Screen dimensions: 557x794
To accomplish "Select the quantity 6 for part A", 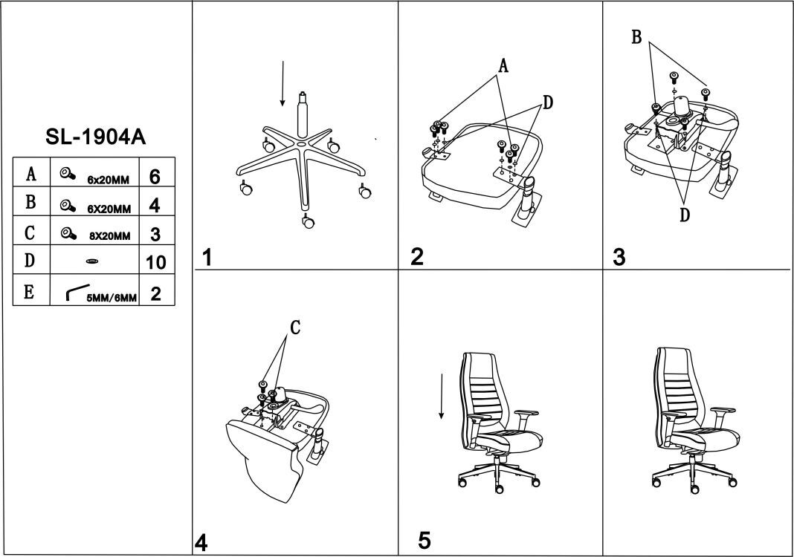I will click(155, 177).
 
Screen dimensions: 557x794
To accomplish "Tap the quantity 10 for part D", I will click(156, 262).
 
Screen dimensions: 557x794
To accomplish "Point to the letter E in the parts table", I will click(30, 291).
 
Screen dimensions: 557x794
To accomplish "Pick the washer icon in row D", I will click(92, 261).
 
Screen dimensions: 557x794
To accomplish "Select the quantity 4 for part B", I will click(155, 205).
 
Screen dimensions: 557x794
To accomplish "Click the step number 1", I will click(207, 258).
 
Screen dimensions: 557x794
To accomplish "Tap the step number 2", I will click(417, 257).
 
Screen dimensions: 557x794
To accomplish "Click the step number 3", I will click(619, 257).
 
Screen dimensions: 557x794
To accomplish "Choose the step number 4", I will click(201, 543).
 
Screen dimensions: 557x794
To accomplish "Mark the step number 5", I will click(424, 540).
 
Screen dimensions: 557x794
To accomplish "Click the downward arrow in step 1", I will click(283, 84).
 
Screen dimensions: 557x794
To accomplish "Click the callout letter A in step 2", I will click(503, 67).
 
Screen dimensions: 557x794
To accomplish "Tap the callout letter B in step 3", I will click(636, 38).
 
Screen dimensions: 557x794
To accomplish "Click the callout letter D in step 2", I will click(547, 103).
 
